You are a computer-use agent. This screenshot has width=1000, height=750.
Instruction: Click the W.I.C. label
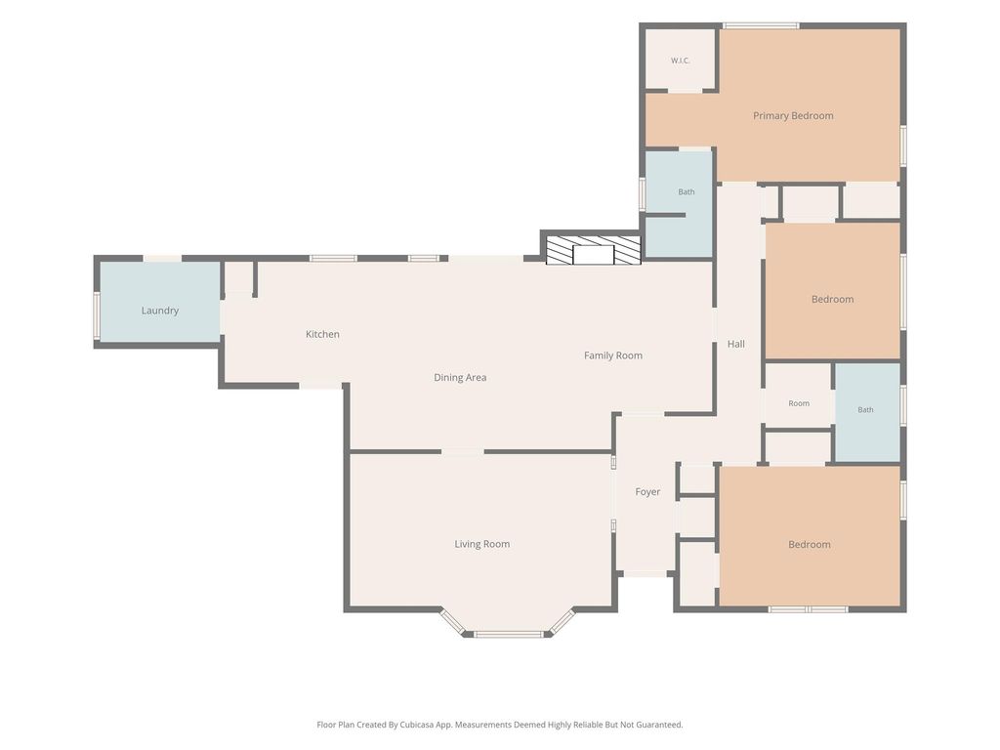click(680, 61)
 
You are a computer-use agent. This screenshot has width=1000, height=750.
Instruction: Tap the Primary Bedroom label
click(793, 115)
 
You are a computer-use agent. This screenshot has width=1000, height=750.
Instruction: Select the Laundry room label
click(159, 311)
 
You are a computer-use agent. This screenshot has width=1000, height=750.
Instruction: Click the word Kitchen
click(322, 334)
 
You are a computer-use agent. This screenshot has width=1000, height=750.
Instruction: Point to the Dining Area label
click(460, 377)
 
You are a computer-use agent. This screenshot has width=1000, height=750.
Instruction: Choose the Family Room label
click(613, 355)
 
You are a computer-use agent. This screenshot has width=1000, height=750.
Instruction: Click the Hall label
click(736, 344)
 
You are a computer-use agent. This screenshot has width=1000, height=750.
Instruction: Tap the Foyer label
click(647, 492)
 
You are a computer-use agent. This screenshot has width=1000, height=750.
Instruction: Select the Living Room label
click(481, 544)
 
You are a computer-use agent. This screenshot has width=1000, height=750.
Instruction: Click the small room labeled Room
click(799, 403)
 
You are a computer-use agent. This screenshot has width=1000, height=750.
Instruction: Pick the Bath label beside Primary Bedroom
click(687, 191)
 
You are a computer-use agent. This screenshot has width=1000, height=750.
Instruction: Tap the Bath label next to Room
click(865, 409)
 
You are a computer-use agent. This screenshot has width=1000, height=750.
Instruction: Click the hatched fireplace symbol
click(593, 250)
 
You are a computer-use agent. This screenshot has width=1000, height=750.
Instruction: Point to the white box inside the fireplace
click(593, 255)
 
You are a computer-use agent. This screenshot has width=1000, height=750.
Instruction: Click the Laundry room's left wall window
click(97, 315)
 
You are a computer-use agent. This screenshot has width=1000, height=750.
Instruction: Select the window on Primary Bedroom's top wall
click(760, 26)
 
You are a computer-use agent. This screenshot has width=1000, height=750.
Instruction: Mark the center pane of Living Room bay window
click(508, 634)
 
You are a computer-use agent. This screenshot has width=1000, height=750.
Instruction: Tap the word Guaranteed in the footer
click(659, 725)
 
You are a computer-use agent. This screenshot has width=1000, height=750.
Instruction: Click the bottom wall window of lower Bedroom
click(808, 609)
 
